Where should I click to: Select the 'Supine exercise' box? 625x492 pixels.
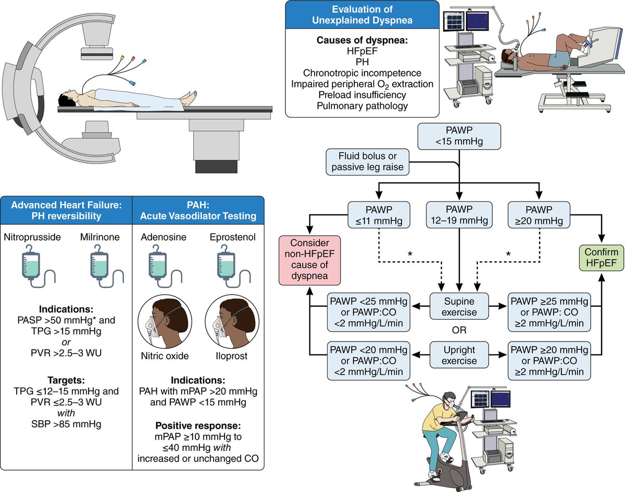pos(459,306)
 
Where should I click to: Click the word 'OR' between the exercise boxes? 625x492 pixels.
pos(459,330)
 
